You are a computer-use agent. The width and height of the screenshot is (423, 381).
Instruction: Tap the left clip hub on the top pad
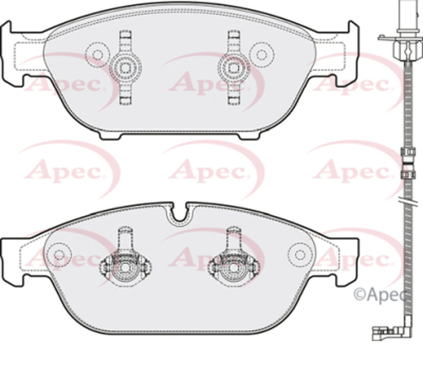pos(125,67)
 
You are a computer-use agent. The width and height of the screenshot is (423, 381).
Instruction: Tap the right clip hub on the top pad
pos(233,67)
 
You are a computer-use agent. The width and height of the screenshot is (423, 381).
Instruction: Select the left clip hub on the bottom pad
pos(125,266)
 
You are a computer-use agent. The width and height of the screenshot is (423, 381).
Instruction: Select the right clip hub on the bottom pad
pos(233,266)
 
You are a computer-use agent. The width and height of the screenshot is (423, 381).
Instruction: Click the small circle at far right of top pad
pos(262,54)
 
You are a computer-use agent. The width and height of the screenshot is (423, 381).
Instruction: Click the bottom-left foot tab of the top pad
pos(109,135)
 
